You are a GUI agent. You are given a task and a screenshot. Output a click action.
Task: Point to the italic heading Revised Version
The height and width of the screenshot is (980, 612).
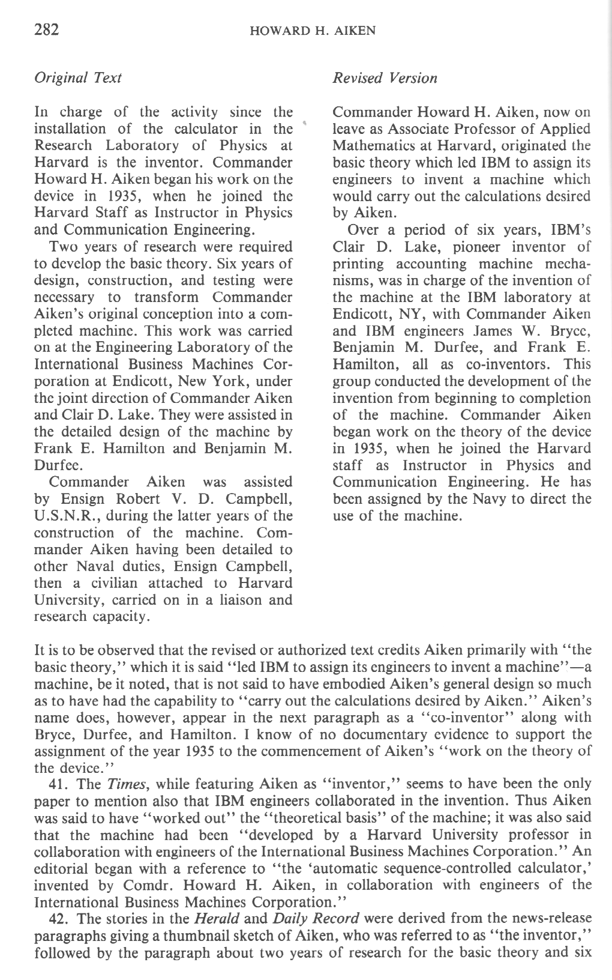coord(385,78)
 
